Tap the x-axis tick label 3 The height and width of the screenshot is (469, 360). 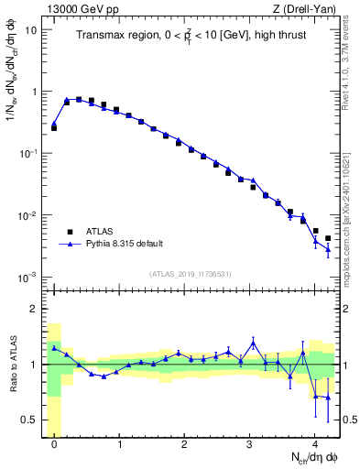(250, 444)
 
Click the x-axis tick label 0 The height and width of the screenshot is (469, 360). (54, 444)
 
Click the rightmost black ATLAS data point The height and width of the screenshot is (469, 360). (328, 238)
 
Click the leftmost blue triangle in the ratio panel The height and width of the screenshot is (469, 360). (54, 348)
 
